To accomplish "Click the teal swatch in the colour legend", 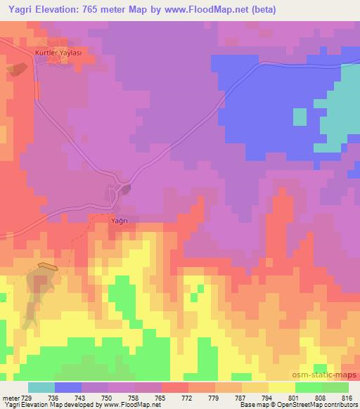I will coord(41,387).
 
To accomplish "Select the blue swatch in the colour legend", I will coord(68,387).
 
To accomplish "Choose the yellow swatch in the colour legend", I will coord(282,387).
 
